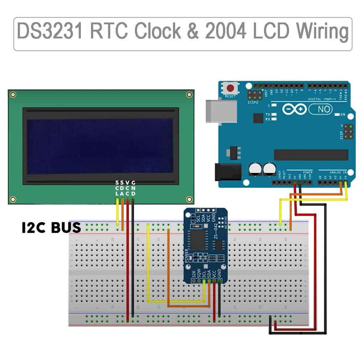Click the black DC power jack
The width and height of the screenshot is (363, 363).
[x=228, y=172]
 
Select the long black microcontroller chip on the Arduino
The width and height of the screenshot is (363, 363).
[x=311, y=154]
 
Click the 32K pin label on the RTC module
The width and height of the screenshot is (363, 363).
[x=194, y=273]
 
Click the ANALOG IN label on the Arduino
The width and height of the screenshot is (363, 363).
[x=337, y=172]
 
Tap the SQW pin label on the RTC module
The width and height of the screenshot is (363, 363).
[x=199, y=273]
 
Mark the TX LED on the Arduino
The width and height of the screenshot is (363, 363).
[x=274, y=115]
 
